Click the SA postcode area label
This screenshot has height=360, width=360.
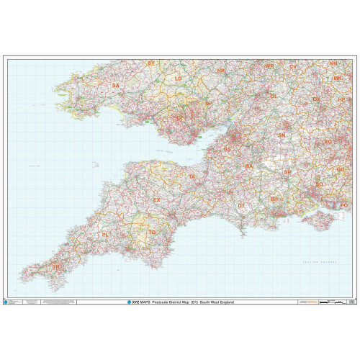[115, 86]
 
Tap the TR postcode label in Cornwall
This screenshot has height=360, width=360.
[58, 267]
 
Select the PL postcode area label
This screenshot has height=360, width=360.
[106, 235]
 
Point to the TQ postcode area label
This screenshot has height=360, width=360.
[152, 233]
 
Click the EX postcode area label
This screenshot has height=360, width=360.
[157, 199]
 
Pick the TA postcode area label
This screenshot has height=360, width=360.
[192, 176]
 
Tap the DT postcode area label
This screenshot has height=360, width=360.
[241, 206]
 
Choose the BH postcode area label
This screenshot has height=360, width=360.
[274, 199]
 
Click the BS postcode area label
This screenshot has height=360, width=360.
[228, 150]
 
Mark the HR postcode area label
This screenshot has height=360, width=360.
[221, 71]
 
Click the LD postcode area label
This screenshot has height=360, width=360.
[179, 78]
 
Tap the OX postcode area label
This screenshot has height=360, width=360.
[316, 99]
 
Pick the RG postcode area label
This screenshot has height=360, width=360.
[328, 143]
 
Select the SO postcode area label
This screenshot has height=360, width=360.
[320, 185]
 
